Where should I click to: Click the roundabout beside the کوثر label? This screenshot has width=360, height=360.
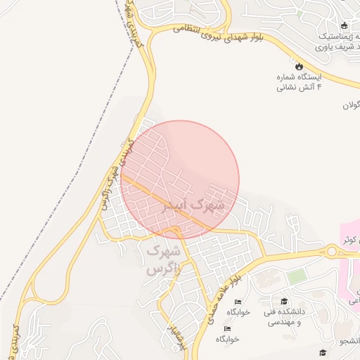tap(332, 251)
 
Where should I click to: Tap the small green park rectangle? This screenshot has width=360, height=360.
tap(297, 276)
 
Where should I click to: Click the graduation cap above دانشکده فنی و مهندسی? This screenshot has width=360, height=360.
tap(284, 301)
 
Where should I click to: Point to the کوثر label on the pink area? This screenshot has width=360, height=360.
tap(350, 240)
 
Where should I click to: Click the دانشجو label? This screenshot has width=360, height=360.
tap(349, 342)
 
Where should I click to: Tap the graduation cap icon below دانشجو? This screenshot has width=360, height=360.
tap(323, 353)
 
